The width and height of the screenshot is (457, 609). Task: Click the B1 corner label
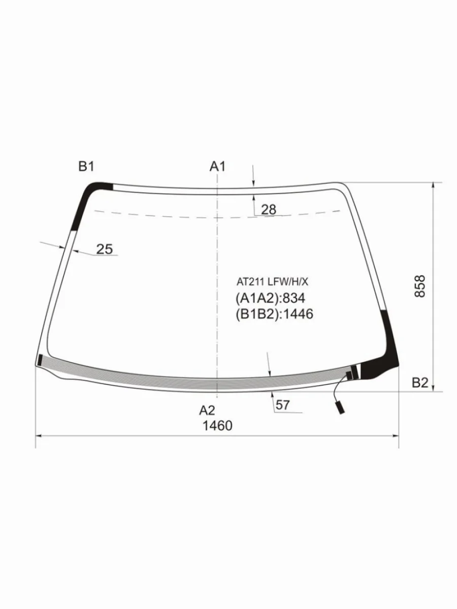tap(86, 166)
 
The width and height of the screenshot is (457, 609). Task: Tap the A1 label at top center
tap(217, 166)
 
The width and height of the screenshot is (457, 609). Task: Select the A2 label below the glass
tap(207, 411)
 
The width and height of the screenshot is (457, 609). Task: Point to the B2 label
tap(420, 383)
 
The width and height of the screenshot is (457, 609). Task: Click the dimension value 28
tap(269, 210)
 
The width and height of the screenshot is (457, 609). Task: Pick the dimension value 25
tap(104, 249)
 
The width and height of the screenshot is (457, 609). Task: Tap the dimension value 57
tap(282, 405)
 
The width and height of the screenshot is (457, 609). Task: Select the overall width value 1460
tap(217, 426)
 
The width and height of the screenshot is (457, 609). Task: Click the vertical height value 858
tap(419, 286)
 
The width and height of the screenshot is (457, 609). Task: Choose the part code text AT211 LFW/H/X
tap(272, 282)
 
